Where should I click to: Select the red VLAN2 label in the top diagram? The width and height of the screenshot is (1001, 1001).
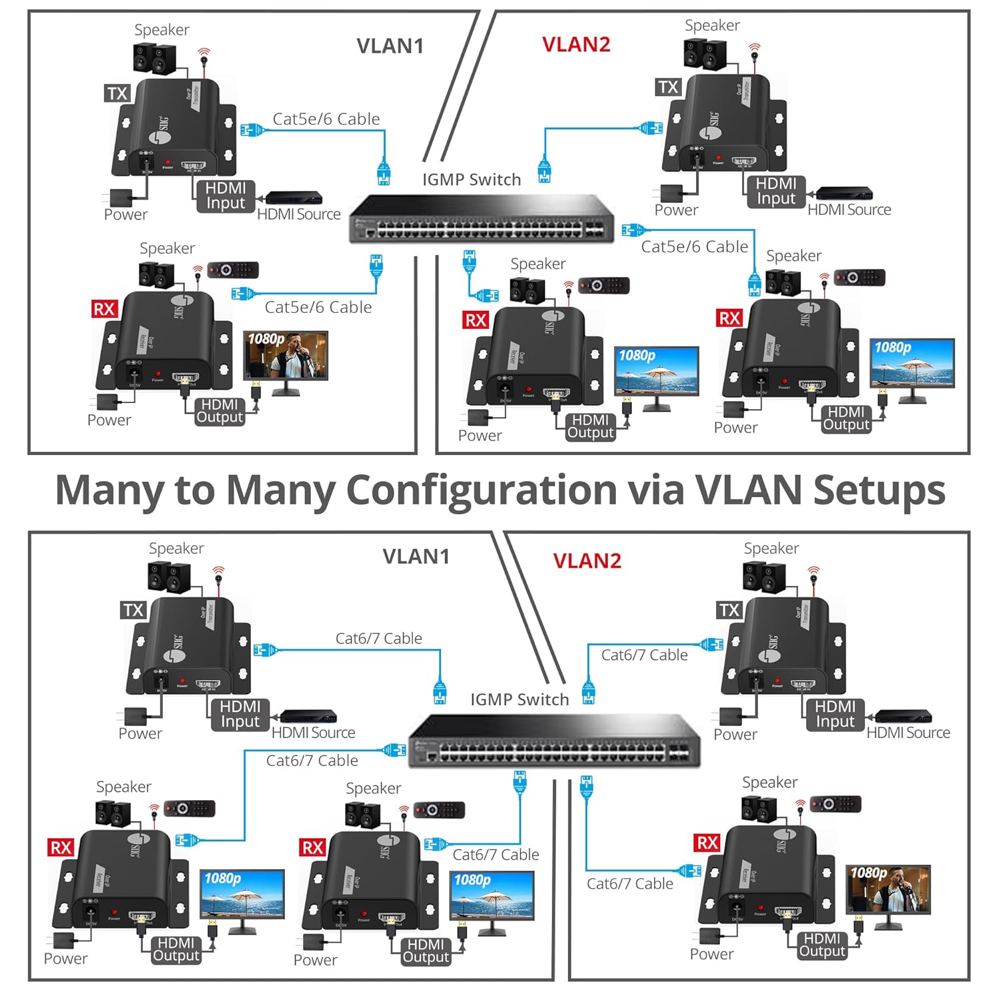(x=576, y=45)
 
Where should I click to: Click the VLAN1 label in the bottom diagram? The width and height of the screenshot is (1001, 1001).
(x=416, y=557)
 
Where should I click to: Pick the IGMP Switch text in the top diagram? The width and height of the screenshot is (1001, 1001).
(x=471, y=180)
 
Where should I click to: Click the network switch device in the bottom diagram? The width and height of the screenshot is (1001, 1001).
(x=554, y=741)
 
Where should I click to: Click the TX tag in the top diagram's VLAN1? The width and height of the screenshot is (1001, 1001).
(x=117, y=93)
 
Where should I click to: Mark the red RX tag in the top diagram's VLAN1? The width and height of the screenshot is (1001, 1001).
(x=104, y=309)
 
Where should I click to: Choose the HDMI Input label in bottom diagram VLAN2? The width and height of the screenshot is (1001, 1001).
(x=835, y=714)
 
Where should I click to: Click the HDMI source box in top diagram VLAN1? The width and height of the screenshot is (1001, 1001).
(x=294, y=198)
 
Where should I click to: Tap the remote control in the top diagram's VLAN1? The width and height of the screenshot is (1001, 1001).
(x=233, y=270)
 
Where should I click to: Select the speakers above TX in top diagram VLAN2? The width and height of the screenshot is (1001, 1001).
(x=705, y=55)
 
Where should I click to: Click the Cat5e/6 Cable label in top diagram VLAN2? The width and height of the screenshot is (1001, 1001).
(x=694, y=247)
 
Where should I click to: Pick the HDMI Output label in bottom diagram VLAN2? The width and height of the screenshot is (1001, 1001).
(x=821, y=945)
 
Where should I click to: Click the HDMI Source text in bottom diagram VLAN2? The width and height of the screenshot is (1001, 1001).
(x=908, y=733)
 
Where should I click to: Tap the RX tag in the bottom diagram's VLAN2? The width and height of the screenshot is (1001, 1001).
(x=707, y=843)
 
